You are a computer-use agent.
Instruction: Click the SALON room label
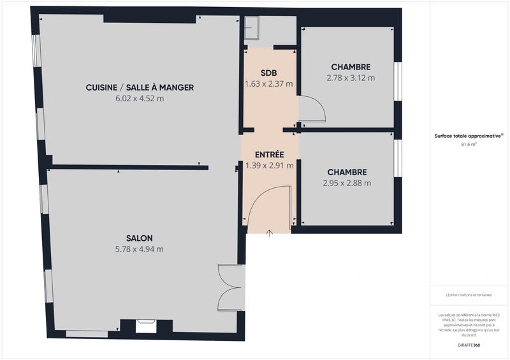click(140, 238)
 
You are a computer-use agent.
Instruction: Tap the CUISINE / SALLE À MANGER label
click(140, 87)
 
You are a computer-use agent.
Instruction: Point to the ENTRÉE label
click(269, 155)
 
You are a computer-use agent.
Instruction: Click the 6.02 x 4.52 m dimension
click(140, 99)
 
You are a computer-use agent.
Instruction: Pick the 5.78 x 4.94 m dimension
click(140, 249)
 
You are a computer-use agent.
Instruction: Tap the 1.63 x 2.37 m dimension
click(269, 83)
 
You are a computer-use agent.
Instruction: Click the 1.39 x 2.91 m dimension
click(269, 166)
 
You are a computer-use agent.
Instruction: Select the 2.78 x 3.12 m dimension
click(351, 78)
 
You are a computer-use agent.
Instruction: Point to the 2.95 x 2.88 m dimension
click(347, 183)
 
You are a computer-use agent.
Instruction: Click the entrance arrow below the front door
click(269, 233)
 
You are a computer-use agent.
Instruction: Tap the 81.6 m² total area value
click(469, 145)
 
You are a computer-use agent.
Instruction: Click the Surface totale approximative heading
click(469, 136)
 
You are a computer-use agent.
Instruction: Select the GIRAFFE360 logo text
click(469, 345)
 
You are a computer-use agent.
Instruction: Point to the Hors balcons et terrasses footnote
click(469, 295)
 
